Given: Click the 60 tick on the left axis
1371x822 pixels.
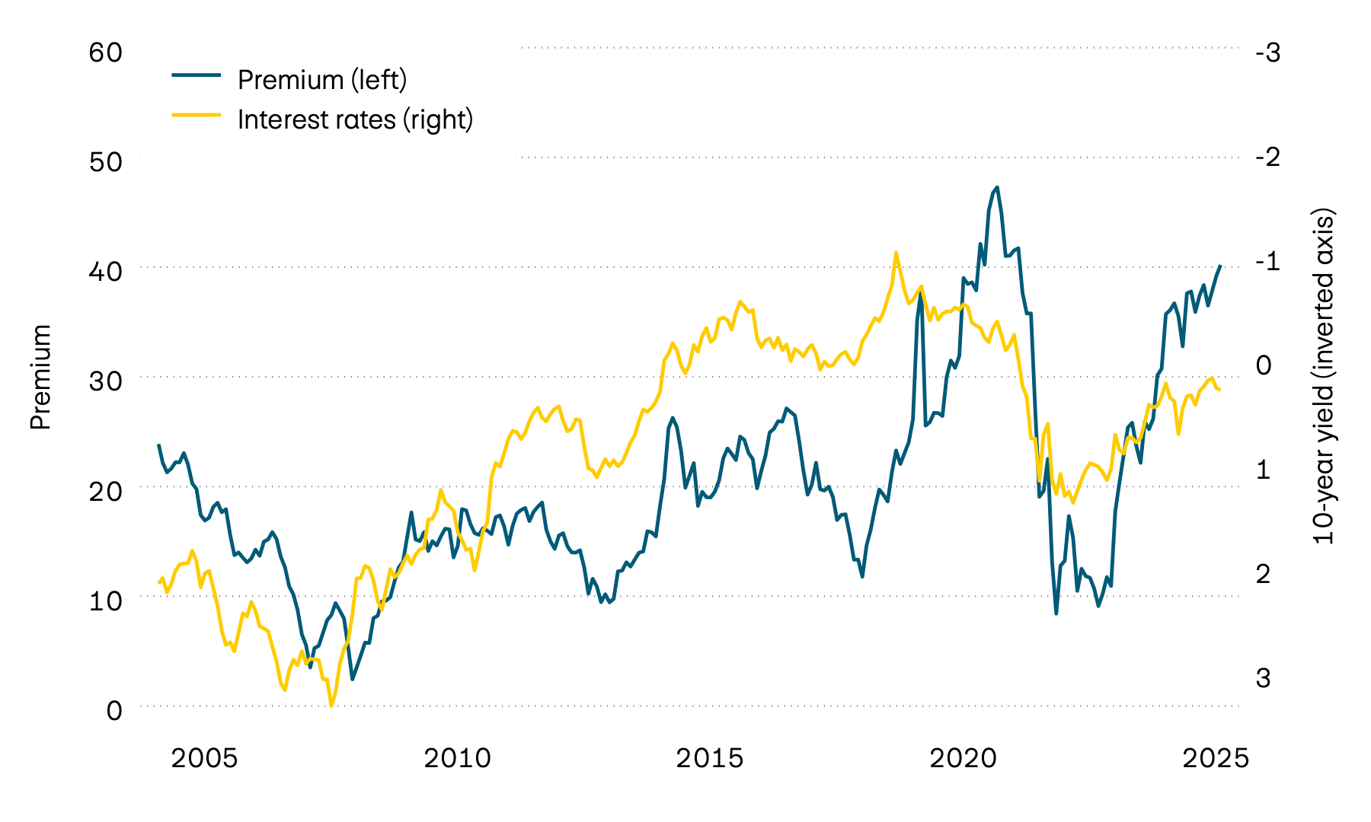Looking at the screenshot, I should pos(105,53).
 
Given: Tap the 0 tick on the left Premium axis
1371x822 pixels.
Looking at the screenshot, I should pos(114,710).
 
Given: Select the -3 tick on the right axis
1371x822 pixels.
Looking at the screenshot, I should pos(1267,53).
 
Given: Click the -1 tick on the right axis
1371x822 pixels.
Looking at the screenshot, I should pos(1267,261).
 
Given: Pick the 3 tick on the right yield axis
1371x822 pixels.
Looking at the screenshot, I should pos(1264,677).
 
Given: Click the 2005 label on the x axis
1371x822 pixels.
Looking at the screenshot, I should pos(204,759).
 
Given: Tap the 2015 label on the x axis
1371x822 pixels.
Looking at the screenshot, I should pos(710,759).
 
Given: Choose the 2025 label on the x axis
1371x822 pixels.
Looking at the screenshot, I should pos(1216,759).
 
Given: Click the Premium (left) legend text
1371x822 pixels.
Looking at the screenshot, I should pos(322,79).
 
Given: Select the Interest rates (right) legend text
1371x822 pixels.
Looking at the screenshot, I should pos(355,119).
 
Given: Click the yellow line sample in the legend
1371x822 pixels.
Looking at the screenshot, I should pos(196,115).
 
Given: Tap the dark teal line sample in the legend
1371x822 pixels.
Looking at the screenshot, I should pos(196,75).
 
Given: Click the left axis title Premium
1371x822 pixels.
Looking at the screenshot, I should pos(40,377).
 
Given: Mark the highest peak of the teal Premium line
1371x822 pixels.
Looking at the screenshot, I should pos(997,187).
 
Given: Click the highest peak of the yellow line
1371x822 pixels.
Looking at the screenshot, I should pos(896,253).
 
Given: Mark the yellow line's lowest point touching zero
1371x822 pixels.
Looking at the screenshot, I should pos(331,706).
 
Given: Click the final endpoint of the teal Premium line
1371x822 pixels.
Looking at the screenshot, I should pos(1220,266).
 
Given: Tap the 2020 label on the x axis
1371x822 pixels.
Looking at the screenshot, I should pos(963,759).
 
